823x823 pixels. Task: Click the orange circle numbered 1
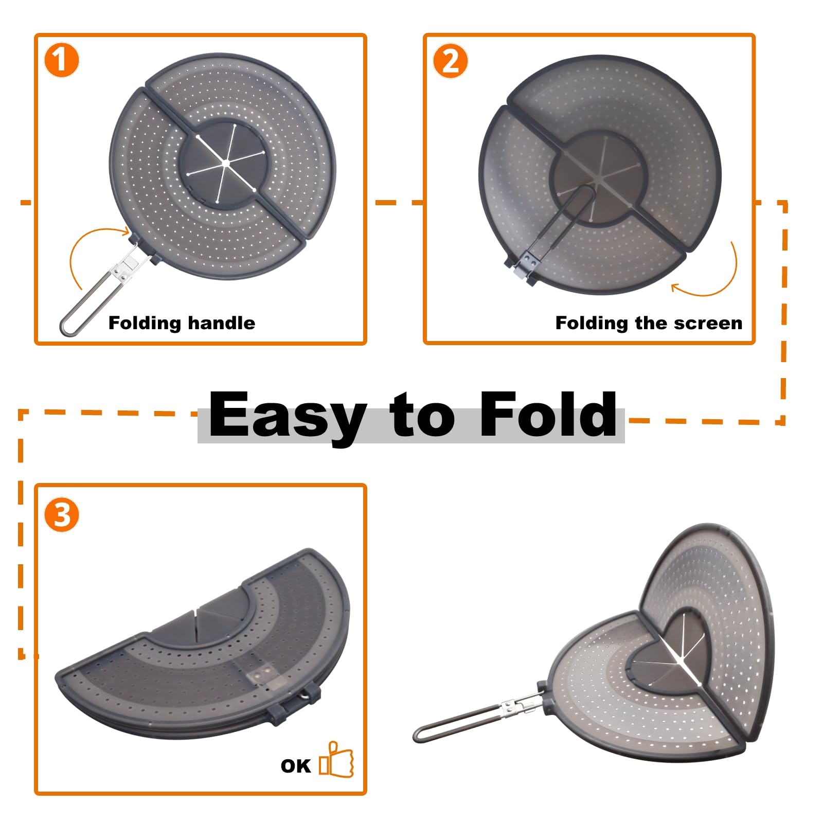click(x=62, y=60)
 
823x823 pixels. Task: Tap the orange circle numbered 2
click(x=451, y=61)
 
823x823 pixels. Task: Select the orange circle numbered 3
click(x=62, y=515)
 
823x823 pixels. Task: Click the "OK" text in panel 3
click(x=296, y=766)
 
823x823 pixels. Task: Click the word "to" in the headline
click(x=422, y=417)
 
